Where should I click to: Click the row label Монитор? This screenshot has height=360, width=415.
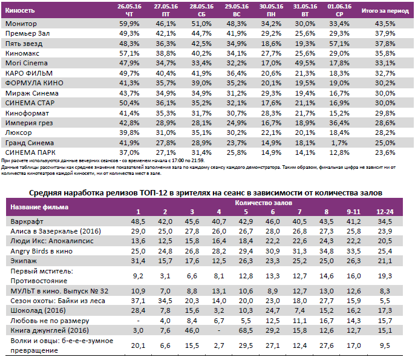(21, 23)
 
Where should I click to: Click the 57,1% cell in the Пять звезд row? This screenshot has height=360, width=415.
(335, 44)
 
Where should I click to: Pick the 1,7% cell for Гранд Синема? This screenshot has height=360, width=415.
(336, 142)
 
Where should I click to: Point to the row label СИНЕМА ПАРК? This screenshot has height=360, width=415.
(29, 152)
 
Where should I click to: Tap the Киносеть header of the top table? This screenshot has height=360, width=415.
(20, 11)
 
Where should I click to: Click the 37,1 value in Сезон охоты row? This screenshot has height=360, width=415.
(138, 299)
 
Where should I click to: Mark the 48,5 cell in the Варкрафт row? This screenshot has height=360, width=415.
(138, 221)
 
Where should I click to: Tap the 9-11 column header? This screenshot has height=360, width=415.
(352, 211)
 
